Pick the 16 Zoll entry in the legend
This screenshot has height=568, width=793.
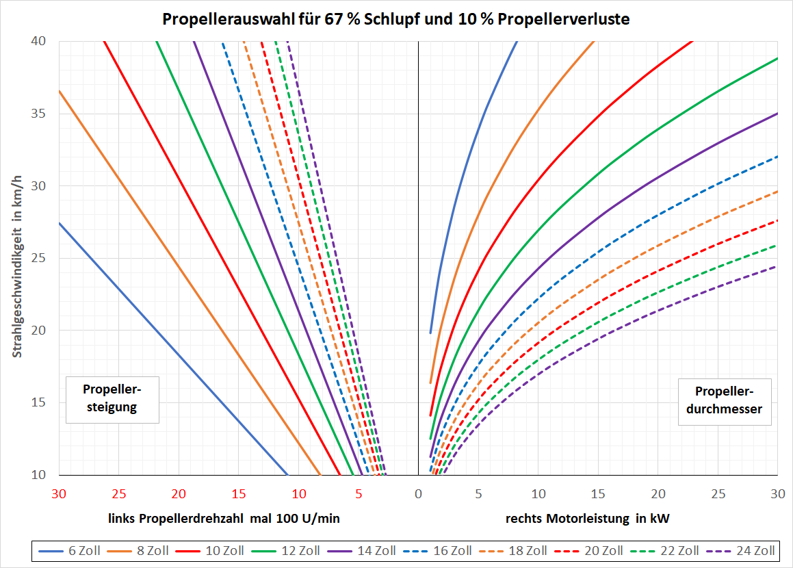[442, 550]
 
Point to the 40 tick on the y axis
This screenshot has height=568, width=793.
[39, 41]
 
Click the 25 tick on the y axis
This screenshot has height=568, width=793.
[39, 258]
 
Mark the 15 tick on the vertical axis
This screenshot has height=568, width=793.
[39, 402]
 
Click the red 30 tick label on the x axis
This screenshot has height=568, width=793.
[59, 493]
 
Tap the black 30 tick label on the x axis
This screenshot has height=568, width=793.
[777, 493]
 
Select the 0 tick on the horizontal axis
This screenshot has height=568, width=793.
[418, 493]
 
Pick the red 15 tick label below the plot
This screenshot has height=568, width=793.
[238, 493]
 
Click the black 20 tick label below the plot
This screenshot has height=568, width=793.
[658, 493]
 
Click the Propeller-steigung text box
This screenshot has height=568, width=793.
[112, 398]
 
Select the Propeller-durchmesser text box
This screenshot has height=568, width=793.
[724, 401]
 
